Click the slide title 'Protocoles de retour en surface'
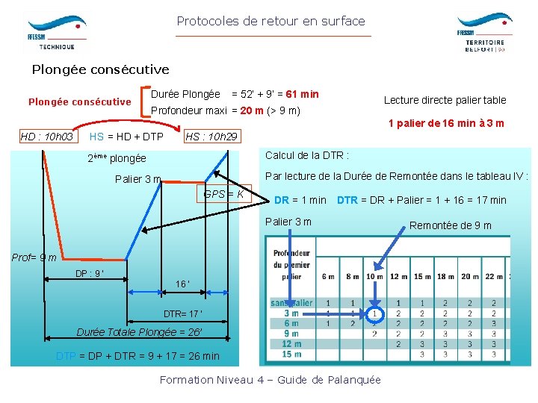[x=270, y=21]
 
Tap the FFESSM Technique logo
[x=56, y=31]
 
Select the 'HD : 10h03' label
[x=46, y=137]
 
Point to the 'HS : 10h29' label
[x=211, y=137]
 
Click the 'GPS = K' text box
[x=223, y=195]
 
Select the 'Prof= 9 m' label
[x=34, y=257]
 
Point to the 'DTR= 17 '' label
[x=183, y=313]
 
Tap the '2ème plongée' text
[x=117, y=158]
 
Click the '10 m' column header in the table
[x=375, y=277]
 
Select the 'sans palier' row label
[x=291, y=303]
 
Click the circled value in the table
[x=375, y=313]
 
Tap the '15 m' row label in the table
[x=291, y=354]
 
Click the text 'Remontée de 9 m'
[x=450, y=225]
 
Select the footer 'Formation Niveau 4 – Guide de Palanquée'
[x=270, y=380]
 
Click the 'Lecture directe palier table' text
[x=445, y=100]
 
